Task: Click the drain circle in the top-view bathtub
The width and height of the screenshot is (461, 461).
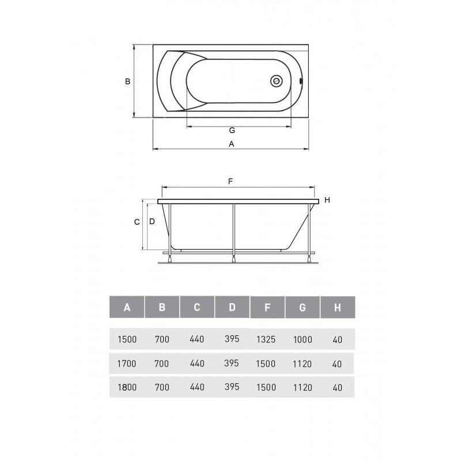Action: click(x=277, y=81)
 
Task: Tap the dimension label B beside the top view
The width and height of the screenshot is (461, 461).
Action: click(x=127, y=81)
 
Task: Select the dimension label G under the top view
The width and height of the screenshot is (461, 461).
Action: click(x=232, y=130)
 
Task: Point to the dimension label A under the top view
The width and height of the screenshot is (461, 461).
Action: click(x=232, y=143)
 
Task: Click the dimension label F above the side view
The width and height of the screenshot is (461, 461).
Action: click(x=231, y=182)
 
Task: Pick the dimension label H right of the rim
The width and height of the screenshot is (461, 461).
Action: click(x=327, y=200)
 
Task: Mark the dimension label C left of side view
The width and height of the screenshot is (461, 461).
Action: click(x=137, y=222)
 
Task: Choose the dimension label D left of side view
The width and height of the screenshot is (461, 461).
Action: click(x=152, y=221)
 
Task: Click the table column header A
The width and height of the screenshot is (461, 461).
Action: click(x=127, y=307)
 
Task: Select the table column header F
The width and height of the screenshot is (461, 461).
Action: click(x=267, y=308)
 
